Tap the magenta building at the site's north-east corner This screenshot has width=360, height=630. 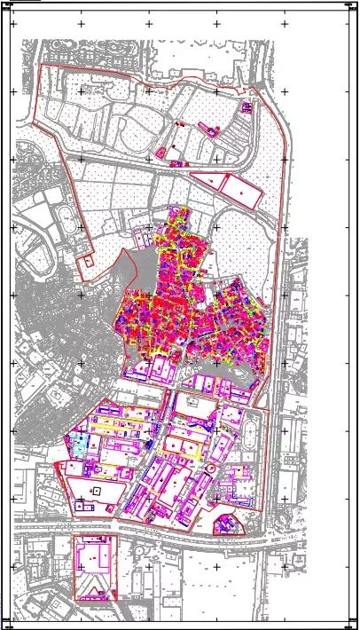[247, 106]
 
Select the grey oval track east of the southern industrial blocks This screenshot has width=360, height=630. [252, 436]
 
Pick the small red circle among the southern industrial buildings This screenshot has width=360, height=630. [211, 468]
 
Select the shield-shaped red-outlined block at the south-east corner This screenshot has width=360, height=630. [229, 524]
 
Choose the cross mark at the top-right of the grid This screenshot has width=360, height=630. [286, 24]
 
